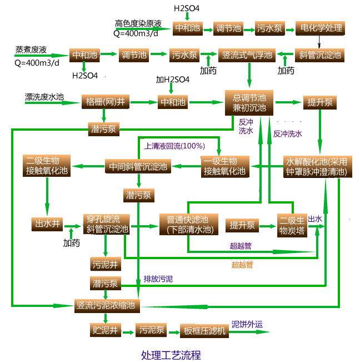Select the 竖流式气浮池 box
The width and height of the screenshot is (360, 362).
(x=247, y=54)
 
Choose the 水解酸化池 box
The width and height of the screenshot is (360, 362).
(x=316, y=167)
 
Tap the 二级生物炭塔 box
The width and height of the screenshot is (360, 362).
(x=292, y=225)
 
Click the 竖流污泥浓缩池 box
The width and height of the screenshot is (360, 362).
(x=108, y=305)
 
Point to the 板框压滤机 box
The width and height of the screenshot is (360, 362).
(x=205, y=331)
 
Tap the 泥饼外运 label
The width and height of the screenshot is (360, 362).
(x=247, y=324)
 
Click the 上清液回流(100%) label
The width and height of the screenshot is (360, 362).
(x=174, y=146)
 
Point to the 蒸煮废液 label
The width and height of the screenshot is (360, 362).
(x=27, y=49)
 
